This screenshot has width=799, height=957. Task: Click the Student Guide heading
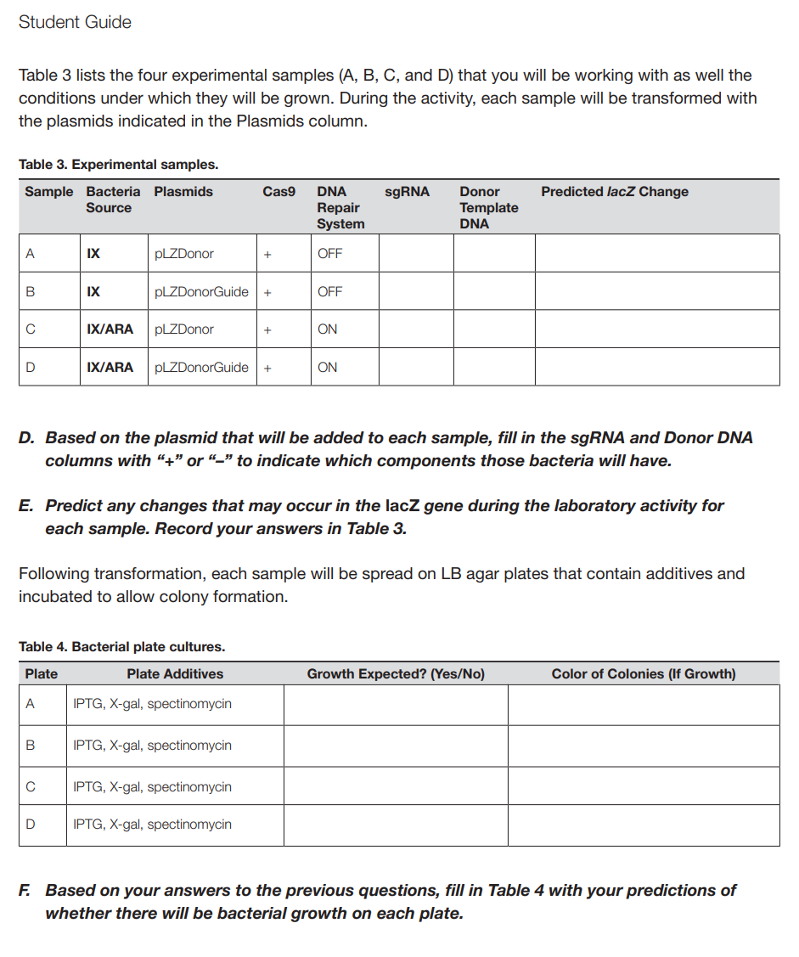click(75, 22)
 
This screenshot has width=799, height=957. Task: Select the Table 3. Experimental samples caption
click(118, 164)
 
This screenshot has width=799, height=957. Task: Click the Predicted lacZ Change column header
click(614, 192)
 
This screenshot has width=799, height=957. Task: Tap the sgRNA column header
click(407, 192)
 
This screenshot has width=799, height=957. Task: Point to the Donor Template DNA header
click(488, 207)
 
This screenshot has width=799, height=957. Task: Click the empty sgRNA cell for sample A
click(415, 253)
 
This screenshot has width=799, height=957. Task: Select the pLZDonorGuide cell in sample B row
click(201, 291)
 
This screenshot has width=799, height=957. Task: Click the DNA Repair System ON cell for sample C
click(327, 329)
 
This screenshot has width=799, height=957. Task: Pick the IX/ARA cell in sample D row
click(110, 368)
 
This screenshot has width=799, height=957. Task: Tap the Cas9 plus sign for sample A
click(267, 254)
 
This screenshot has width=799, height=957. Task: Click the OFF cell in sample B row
click(329, 291)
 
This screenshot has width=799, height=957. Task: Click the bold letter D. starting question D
click(27, 438)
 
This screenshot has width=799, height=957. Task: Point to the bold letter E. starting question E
click(27, 506)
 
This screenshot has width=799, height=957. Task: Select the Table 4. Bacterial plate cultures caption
click(121, 647)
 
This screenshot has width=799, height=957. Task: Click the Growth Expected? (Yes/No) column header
click(395, 674)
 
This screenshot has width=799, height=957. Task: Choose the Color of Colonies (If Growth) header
click(643, 674)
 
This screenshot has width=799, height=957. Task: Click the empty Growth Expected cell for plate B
click(395, 746)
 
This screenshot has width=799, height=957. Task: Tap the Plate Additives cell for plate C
click(152, 786)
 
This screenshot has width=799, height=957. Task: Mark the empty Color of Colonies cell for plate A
click(643, 705)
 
